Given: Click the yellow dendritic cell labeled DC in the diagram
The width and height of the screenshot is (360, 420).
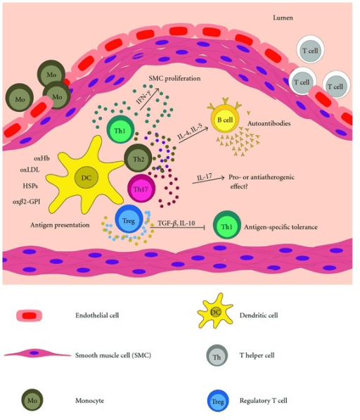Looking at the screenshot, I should pos(86,178).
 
